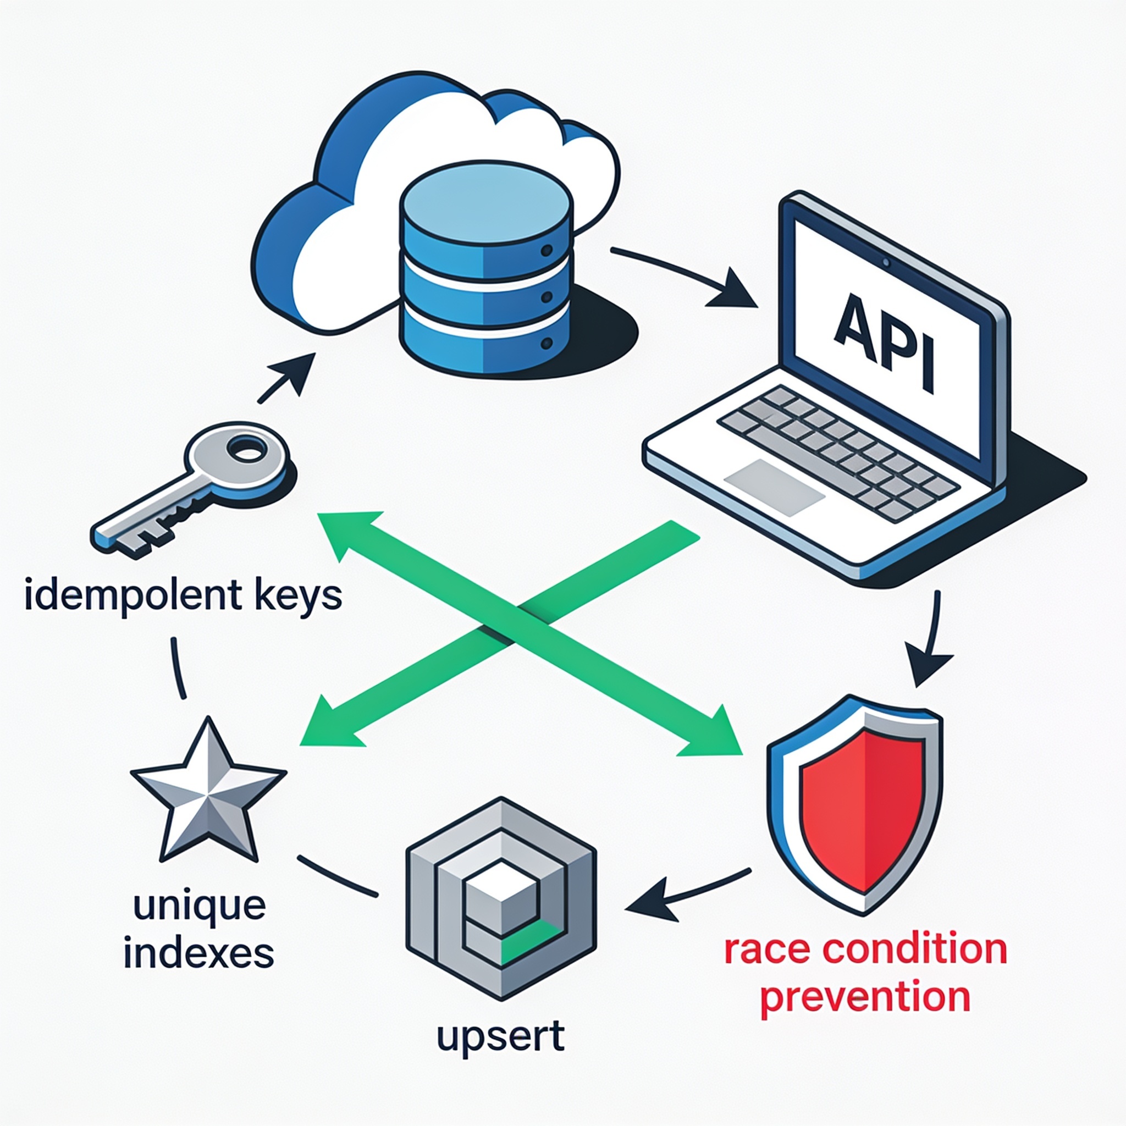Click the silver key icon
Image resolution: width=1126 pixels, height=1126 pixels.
pos(190,489)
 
